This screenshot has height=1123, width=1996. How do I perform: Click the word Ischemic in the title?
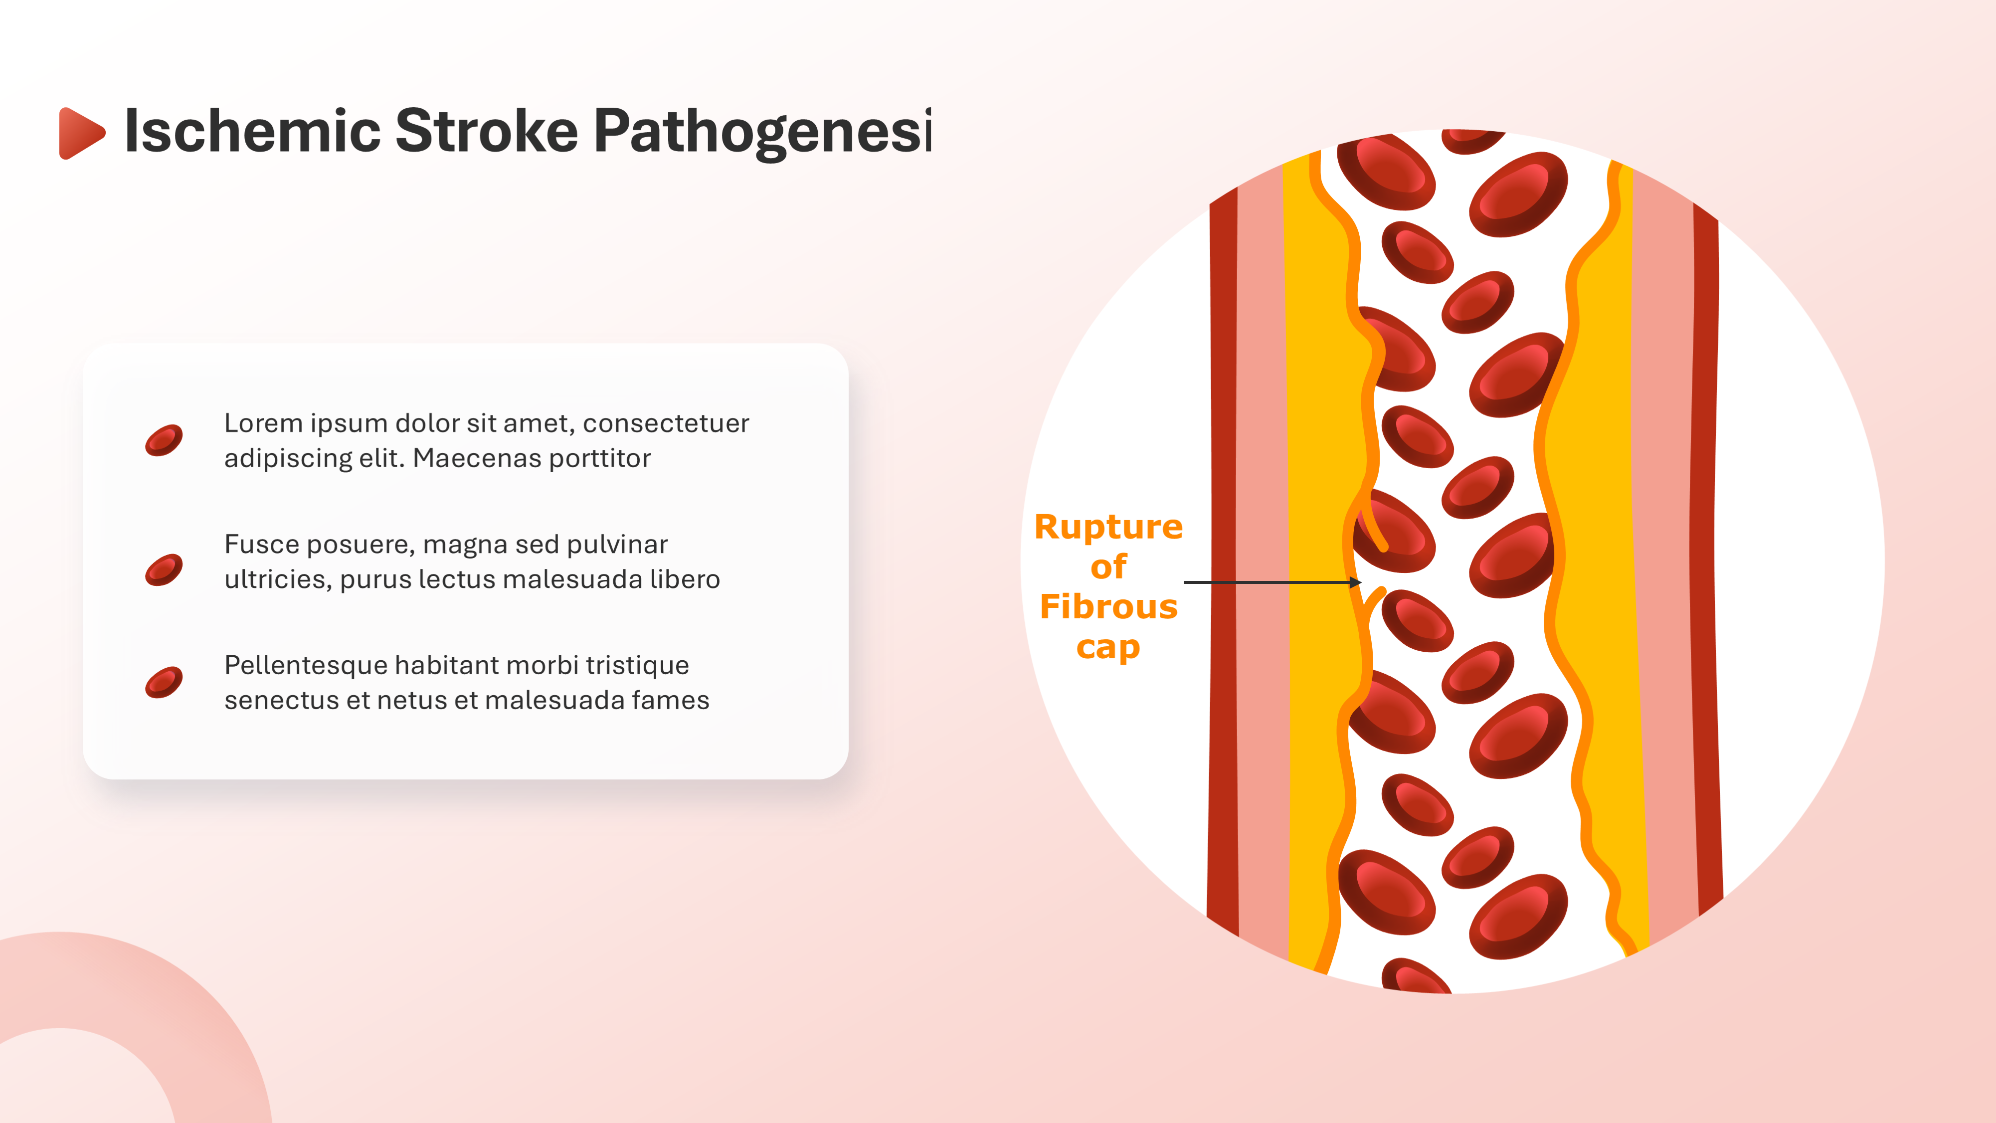pos(252,131)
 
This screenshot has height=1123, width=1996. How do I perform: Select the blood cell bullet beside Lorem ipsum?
pos(164,440)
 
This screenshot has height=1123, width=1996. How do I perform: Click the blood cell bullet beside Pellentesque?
pos(164,682)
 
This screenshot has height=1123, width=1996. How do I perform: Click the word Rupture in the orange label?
pos(1108,528)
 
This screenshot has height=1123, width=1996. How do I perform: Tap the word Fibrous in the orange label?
pos(1108,607)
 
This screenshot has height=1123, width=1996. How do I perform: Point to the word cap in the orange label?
pos(1108,648)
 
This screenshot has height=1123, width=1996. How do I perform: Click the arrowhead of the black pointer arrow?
pos(1355,582)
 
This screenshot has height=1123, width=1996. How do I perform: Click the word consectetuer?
pos(666,423)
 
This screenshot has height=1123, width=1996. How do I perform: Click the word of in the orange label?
pos(1108,567)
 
